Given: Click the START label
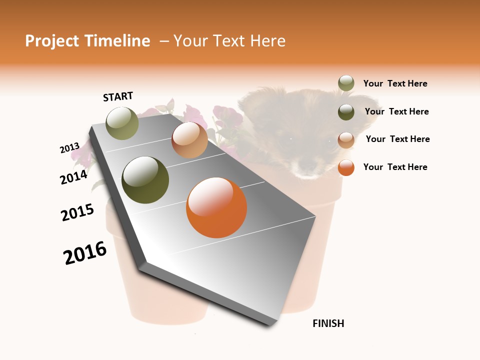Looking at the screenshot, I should [118, 96].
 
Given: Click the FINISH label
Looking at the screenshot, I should [328, 323].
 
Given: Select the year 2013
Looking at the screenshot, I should [69, 148].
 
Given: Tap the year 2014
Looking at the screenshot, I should [74, 177].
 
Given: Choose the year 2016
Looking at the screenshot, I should [85, 253].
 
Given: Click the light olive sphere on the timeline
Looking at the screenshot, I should [122, 123].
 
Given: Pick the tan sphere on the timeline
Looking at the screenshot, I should [189, 140].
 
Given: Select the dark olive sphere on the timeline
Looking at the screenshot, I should [145, 180].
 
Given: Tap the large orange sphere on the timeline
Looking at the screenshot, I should [216, 207].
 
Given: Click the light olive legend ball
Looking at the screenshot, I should [346, 83].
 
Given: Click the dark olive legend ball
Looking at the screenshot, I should [346, 112].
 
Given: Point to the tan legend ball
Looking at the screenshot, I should [346, 140].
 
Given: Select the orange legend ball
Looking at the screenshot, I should [346, 168].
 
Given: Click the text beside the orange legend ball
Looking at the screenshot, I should [395, 167].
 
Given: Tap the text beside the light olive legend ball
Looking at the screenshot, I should [395, 83].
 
